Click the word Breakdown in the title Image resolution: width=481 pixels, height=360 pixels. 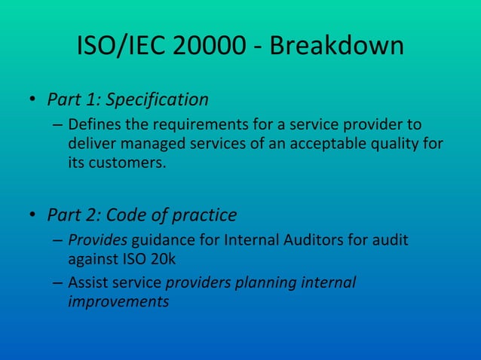pos(337,47)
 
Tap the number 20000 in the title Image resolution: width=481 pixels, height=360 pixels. pos(211,47)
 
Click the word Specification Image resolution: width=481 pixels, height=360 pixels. pos(158,100)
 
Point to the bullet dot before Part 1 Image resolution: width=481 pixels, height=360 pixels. pos(33,101)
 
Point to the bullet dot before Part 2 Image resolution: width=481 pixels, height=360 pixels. pos(33,217)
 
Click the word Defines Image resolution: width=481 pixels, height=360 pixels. pos(91,124)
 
